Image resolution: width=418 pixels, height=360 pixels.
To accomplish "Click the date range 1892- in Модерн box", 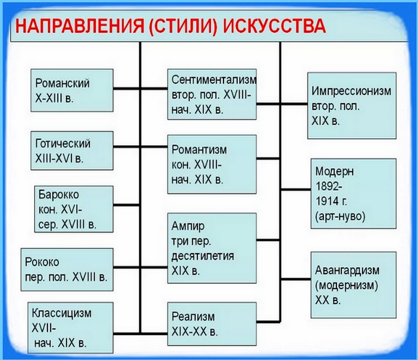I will [328, 186].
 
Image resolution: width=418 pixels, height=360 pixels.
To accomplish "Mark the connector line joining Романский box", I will [127, 90].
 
